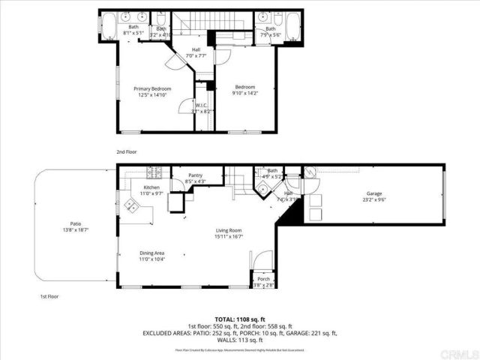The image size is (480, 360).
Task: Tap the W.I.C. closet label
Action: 201,105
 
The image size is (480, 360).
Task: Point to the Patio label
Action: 75,223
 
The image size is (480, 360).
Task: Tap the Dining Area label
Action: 152,253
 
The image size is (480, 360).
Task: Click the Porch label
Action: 263,279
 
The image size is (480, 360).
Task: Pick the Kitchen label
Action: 152,187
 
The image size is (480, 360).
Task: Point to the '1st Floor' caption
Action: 49,296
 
